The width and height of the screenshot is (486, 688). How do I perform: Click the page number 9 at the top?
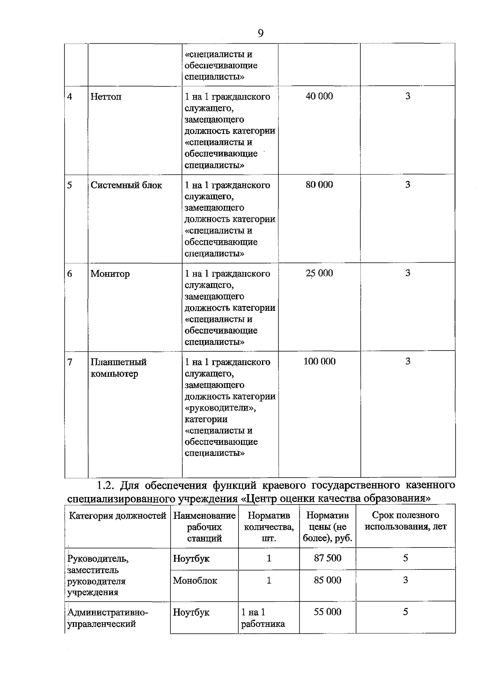click(260, 33)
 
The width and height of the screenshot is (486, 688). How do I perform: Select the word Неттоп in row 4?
click(106, 97)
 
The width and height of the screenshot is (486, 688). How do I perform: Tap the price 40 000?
click(319, 96)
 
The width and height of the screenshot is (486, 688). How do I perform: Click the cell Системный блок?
click(126, 185)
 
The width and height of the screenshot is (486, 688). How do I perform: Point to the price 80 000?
click(319, 185)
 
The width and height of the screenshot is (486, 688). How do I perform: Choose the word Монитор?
click(110, 274)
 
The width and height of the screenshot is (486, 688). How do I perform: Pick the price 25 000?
click(319, 273)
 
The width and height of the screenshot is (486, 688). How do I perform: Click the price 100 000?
click(319, 361)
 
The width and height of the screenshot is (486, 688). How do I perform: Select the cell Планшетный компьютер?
click(118, 368)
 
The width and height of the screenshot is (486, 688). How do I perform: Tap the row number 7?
click(70, 362)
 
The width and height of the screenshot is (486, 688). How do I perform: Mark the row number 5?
click(70, 185)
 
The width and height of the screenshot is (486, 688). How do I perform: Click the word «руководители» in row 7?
click(220, 408)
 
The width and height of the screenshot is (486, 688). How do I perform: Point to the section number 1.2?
click(107, 485)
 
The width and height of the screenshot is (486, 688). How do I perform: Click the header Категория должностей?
click(117, 516)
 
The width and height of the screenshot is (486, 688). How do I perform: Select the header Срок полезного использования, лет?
click(405, 521)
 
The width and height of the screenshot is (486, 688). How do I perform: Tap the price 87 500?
click(328, 558)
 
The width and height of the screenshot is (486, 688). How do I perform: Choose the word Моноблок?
click(195, 581)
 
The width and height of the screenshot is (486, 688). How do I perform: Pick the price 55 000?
click(328, 612)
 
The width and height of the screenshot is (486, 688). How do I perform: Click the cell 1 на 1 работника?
click(262, 618)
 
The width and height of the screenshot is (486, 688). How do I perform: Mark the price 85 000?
click(328, 580)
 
